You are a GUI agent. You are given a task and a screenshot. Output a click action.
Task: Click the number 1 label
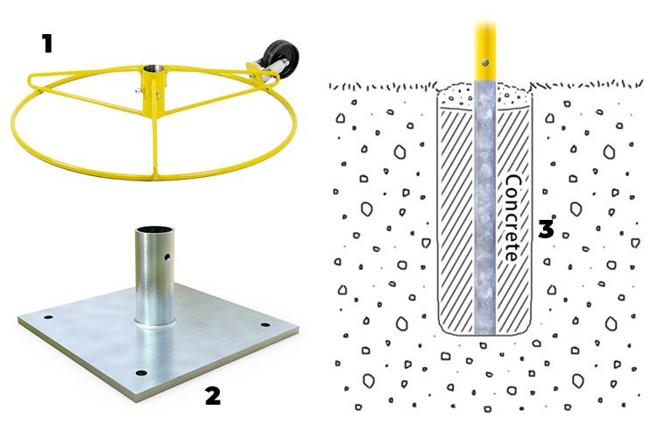[47, 44]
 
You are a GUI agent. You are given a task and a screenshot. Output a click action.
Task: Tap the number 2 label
[213, 396]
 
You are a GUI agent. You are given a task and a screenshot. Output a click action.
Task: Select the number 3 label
[546, 229]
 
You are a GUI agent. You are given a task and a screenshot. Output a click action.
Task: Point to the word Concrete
[512, 218]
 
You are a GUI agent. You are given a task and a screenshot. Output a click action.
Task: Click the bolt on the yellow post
[484, 63]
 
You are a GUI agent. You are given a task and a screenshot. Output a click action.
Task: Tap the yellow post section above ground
[484, 51]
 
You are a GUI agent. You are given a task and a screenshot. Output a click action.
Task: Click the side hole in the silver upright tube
[167, 257]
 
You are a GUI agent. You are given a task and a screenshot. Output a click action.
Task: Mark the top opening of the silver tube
[154, 230]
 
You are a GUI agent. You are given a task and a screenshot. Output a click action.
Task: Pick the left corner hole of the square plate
[48, 317]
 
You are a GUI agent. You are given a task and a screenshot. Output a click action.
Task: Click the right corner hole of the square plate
[265, 325]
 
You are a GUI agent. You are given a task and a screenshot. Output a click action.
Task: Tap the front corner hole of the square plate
[141, 372]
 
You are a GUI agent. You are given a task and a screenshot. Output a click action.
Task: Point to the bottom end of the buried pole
[484, 334]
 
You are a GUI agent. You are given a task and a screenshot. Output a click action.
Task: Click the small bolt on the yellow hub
[137, 89]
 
